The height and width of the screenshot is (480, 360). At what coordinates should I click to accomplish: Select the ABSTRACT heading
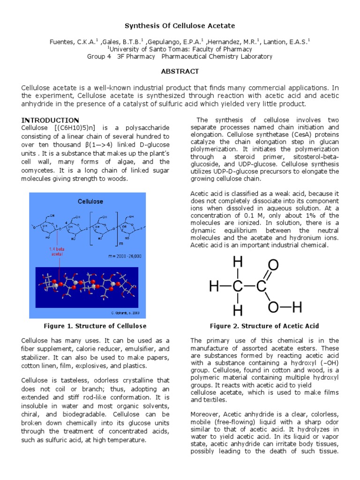(180, 71)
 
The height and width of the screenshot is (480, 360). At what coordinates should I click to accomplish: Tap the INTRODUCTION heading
(50, 120)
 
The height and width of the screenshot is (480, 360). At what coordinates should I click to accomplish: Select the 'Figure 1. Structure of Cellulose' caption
(95, 326)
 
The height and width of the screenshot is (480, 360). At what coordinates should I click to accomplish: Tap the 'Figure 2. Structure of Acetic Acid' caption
(264, 326)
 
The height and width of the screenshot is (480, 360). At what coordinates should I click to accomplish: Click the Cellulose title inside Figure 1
(90, 201)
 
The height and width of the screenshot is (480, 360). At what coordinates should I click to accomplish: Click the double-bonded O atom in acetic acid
(273, 265)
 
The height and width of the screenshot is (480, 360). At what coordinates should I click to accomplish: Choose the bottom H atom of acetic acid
(238, 309)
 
